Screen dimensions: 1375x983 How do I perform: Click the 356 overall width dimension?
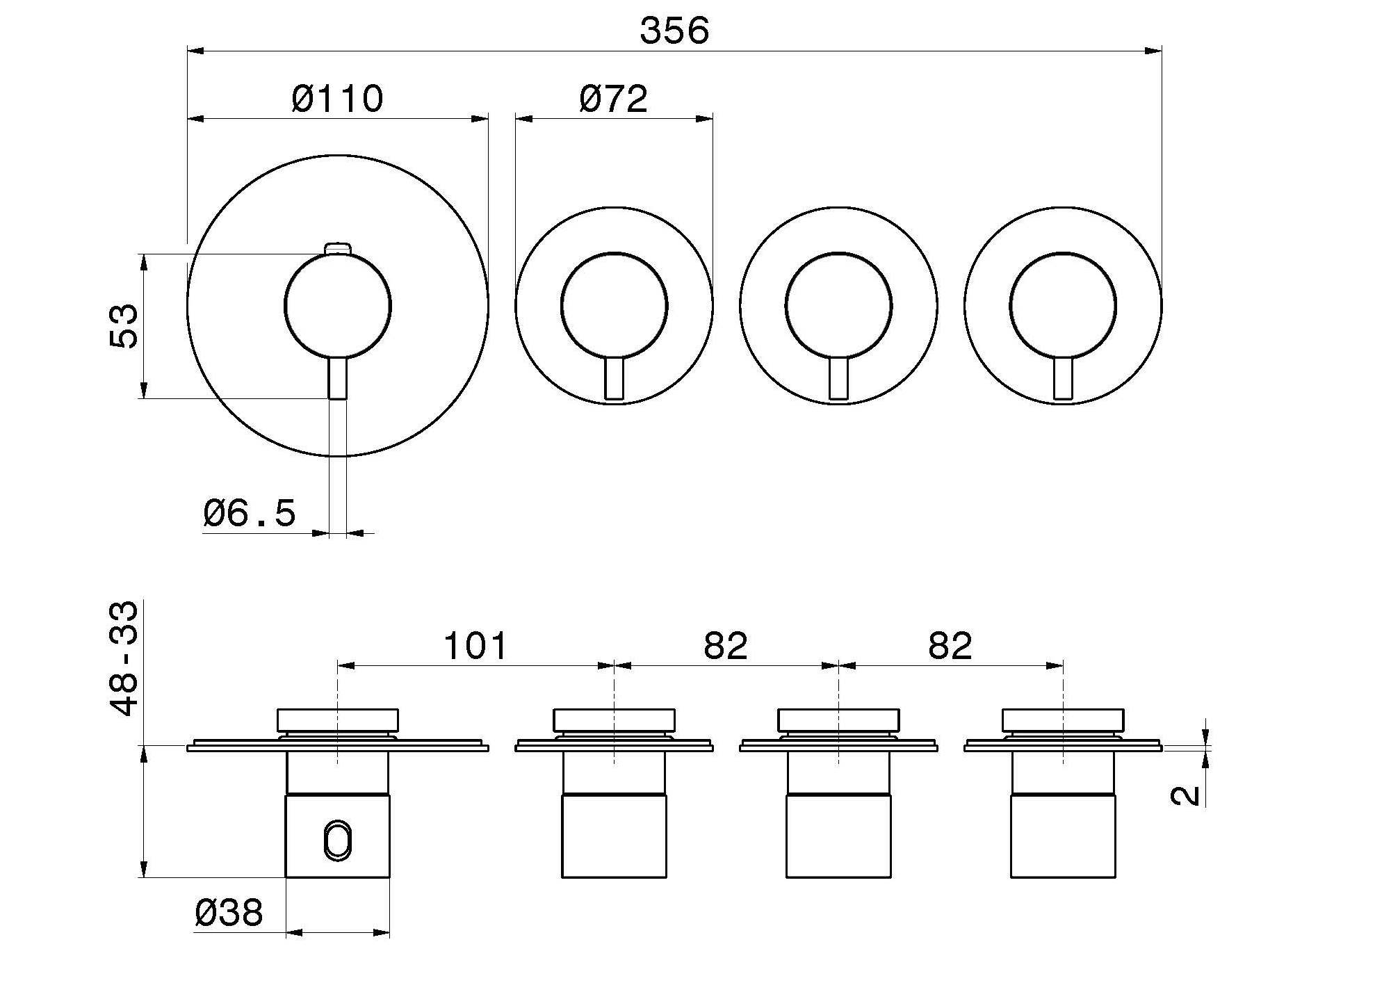pos(674,31)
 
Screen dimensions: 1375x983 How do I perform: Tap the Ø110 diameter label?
pos(337,99)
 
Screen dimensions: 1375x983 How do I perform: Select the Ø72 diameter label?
pos(613,99)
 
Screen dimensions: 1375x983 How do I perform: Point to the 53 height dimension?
pos(124,326)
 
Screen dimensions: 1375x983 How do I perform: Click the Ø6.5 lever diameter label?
pos(250,513)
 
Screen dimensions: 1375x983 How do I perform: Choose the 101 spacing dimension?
pos(475,646)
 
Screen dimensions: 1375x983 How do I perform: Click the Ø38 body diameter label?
pos(229,912)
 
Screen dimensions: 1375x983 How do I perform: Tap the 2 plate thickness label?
pos(1185,795)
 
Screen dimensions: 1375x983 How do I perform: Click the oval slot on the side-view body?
pos(338,842)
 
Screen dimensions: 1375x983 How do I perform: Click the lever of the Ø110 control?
pos(338,377)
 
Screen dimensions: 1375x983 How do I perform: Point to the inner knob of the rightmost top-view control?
pos(1063,306)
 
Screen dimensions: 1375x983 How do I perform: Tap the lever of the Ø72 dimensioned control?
pos(614,379)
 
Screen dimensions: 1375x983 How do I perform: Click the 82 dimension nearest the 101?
pos(726,646)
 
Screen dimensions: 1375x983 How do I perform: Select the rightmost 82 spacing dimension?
pos(950,646)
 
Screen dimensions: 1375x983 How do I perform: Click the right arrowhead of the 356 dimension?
pos(1153,51)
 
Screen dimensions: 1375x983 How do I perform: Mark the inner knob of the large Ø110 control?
pos(338,306)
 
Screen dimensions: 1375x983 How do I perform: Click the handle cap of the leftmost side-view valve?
pos(338,720)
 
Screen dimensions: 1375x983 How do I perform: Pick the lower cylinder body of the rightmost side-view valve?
pos(1063,836)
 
